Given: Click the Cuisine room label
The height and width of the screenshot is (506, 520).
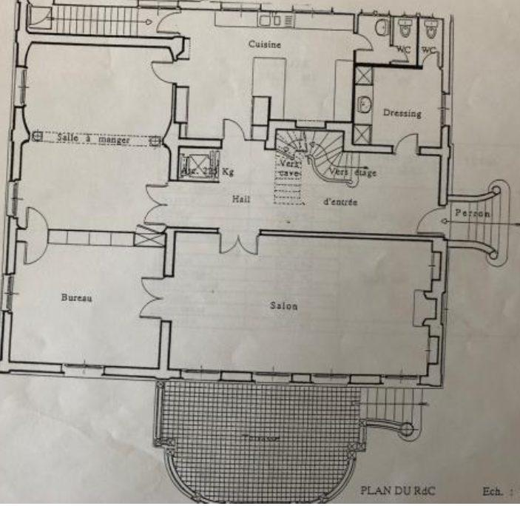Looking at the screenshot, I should tap(265, 45).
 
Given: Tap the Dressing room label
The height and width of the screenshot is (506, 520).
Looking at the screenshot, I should tap(402, 113).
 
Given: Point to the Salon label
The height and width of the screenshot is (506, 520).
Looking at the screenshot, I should tap(284, 306).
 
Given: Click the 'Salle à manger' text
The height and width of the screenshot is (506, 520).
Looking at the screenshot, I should tap(96, 139).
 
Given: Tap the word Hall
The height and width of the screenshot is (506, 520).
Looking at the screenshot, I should tap(242, 198).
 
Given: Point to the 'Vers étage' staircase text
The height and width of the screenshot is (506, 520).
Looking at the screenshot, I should tap(353, 172).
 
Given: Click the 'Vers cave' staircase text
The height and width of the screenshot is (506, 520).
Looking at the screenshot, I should tap(288, 166).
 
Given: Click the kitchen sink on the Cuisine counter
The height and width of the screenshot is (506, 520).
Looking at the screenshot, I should tap(283, 20).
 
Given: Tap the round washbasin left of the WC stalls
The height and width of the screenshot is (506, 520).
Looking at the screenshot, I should tap(380, 27).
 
